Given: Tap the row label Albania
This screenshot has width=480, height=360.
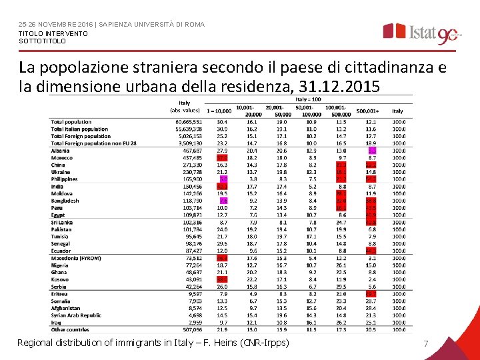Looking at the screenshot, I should point(61,151).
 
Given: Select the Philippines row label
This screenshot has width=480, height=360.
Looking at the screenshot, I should point(65,179).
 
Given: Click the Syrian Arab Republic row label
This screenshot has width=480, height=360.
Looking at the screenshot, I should point(76,315).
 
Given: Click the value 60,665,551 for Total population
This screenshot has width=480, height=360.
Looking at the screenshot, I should point(189,122).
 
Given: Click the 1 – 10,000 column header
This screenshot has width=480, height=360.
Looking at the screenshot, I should point(220,111).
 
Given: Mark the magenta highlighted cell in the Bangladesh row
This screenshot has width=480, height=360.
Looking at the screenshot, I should point(223,201).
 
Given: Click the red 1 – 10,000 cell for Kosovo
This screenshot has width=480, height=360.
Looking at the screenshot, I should point(223,279).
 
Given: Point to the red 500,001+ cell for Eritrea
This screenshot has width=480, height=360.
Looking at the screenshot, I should point(371,294).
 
